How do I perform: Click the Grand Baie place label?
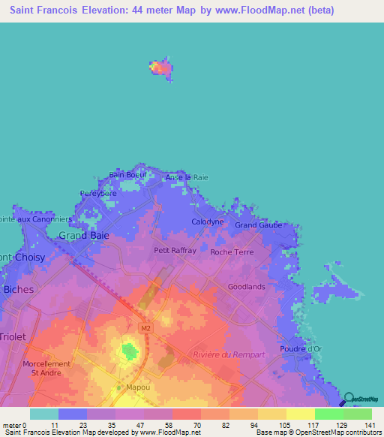(x=84, y=235)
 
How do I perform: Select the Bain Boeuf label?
(x=127, y=175)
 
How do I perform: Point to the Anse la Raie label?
(x=187, y=177)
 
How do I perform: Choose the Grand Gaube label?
(x=257, y=225)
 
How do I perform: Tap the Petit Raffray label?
(x=175, y=251)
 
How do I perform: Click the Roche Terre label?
(x=232, y=252)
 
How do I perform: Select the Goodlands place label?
(x=247, y=287)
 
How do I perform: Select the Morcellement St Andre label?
(x=46, y=369)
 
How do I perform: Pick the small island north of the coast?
(x=160, y=67)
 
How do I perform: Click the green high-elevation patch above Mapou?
(x=130, y=351)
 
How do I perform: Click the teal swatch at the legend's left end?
(x=43, y=414)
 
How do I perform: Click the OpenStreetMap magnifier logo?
(x=349, y=399)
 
